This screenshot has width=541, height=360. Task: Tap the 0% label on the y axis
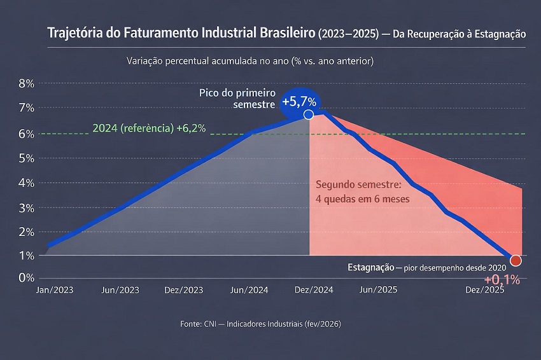[25, 278]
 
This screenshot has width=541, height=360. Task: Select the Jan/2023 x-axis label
[55, 289]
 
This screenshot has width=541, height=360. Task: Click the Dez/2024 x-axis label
[313, 289]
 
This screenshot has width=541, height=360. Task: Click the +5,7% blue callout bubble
[299, 102]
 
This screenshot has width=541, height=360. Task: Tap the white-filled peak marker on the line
[309, 114]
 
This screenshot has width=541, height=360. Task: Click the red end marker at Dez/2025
[516, 261]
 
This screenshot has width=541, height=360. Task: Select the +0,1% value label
[502, 279]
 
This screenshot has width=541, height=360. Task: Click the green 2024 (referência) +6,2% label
[149, 128]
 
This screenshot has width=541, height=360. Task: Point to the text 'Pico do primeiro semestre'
[237, 98]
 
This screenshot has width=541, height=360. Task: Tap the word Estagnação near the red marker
[372, 267]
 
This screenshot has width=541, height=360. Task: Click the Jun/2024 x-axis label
[249, 289]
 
